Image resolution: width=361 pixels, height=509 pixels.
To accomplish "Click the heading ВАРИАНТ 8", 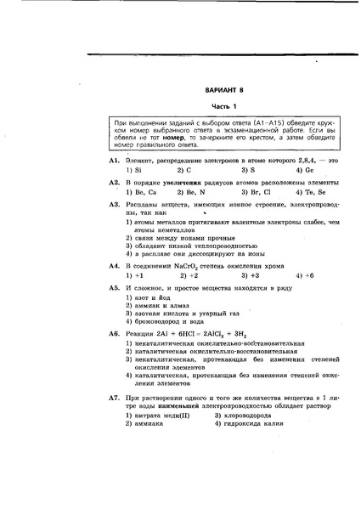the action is (x=224, y=88).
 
